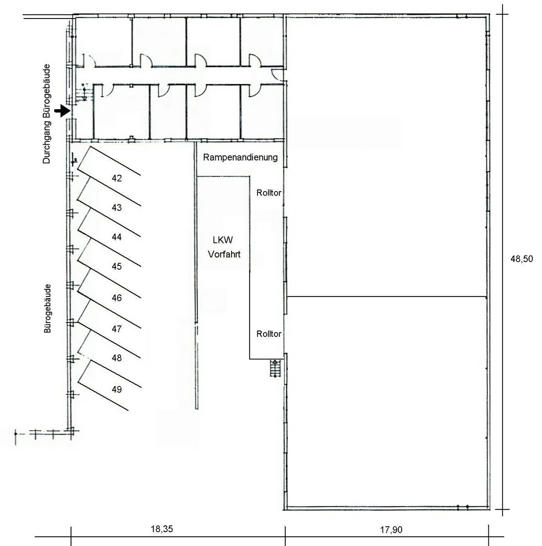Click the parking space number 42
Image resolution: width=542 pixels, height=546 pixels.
coord(117,179)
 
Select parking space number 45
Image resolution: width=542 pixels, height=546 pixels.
coord(117,266)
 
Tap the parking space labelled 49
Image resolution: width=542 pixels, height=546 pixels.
coord(117,389)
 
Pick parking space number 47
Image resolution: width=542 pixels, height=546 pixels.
coord(117,329)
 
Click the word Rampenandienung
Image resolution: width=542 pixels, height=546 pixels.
coord(240,157)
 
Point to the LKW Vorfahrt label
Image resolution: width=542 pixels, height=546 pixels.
coord(224,247)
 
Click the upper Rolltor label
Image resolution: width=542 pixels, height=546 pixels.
coord(269,193)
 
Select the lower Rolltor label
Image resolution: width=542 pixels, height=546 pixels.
coord(269,334)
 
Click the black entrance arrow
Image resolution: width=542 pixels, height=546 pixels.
coord(62,111)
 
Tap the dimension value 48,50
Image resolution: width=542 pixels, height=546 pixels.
coord(521,259)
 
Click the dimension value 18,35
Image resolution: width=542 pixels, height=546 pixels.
coord(162,529)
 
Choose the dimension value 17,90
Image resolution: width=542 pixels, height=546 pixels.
coord(391,530)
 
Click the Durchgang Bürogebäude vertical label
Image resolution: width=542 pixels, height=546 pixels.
coord(46,114)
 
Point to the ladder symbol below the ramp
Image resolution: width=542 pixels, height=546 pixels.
coord(275,369)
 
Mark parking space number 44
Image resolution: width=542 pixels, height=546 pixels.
coord(117,237)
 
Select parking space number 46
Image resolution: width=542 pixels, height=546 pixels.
coord(117,298)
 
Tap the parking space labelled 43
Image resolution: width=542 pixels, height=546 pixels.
coord(117,207)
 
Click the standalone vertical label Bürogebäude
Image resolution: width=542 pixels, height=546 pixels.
coord(48,308)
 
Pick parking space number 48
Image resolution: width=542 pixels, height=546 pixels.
coord(117,358)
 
